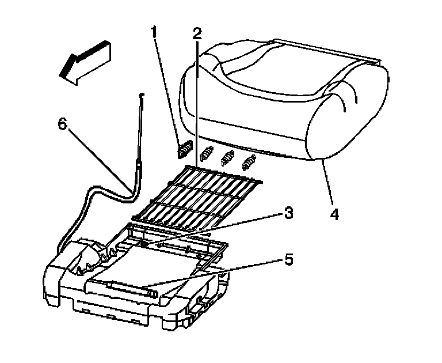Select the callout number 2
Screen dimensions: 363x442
197,33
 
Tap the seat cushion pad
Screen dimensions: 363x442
270,98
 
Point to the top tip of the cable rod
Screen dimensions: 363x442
140,94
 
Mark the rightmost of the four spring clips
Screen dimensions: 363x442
249,162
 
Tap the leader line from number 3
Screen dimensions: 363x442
219,228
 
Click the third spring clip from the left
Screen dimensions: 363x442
228,157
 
